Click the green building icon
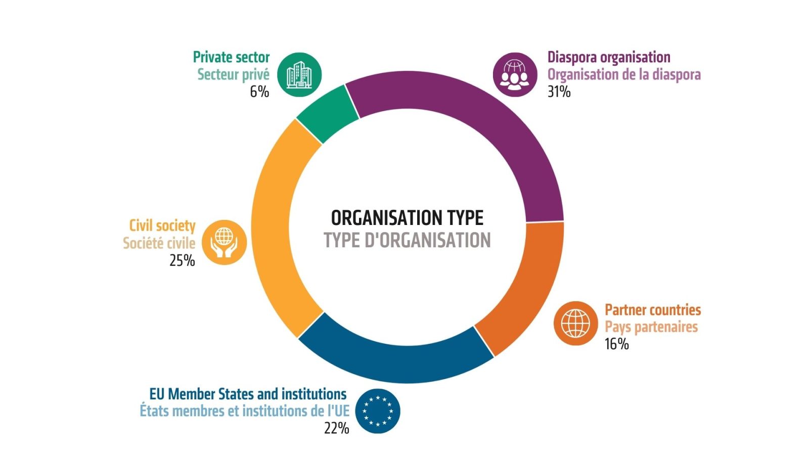[x=299, y=75]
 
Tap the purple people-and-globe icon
[x=515, y=75]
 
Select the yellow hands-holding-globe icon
[x=224, y=242]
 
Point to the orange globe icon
[x=575, y=323]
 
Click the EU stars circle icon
[x=377, y=411]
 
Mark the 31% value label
[x=559, y=92]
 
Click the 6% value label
[x=259, y=92]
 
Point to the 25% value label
[x=182, y=260]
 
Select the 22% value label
[x=337, y=428]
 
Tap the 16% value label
[x=616, y=344]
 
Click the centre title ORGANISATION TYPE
[x=407, y=218]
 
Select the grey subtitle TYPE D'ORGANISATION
[x=407, y=241]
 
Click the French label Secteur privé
[x=233, y=75]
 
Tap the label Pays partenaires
[x=651, y=327]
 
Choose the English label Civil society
[x=162, y=225]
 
